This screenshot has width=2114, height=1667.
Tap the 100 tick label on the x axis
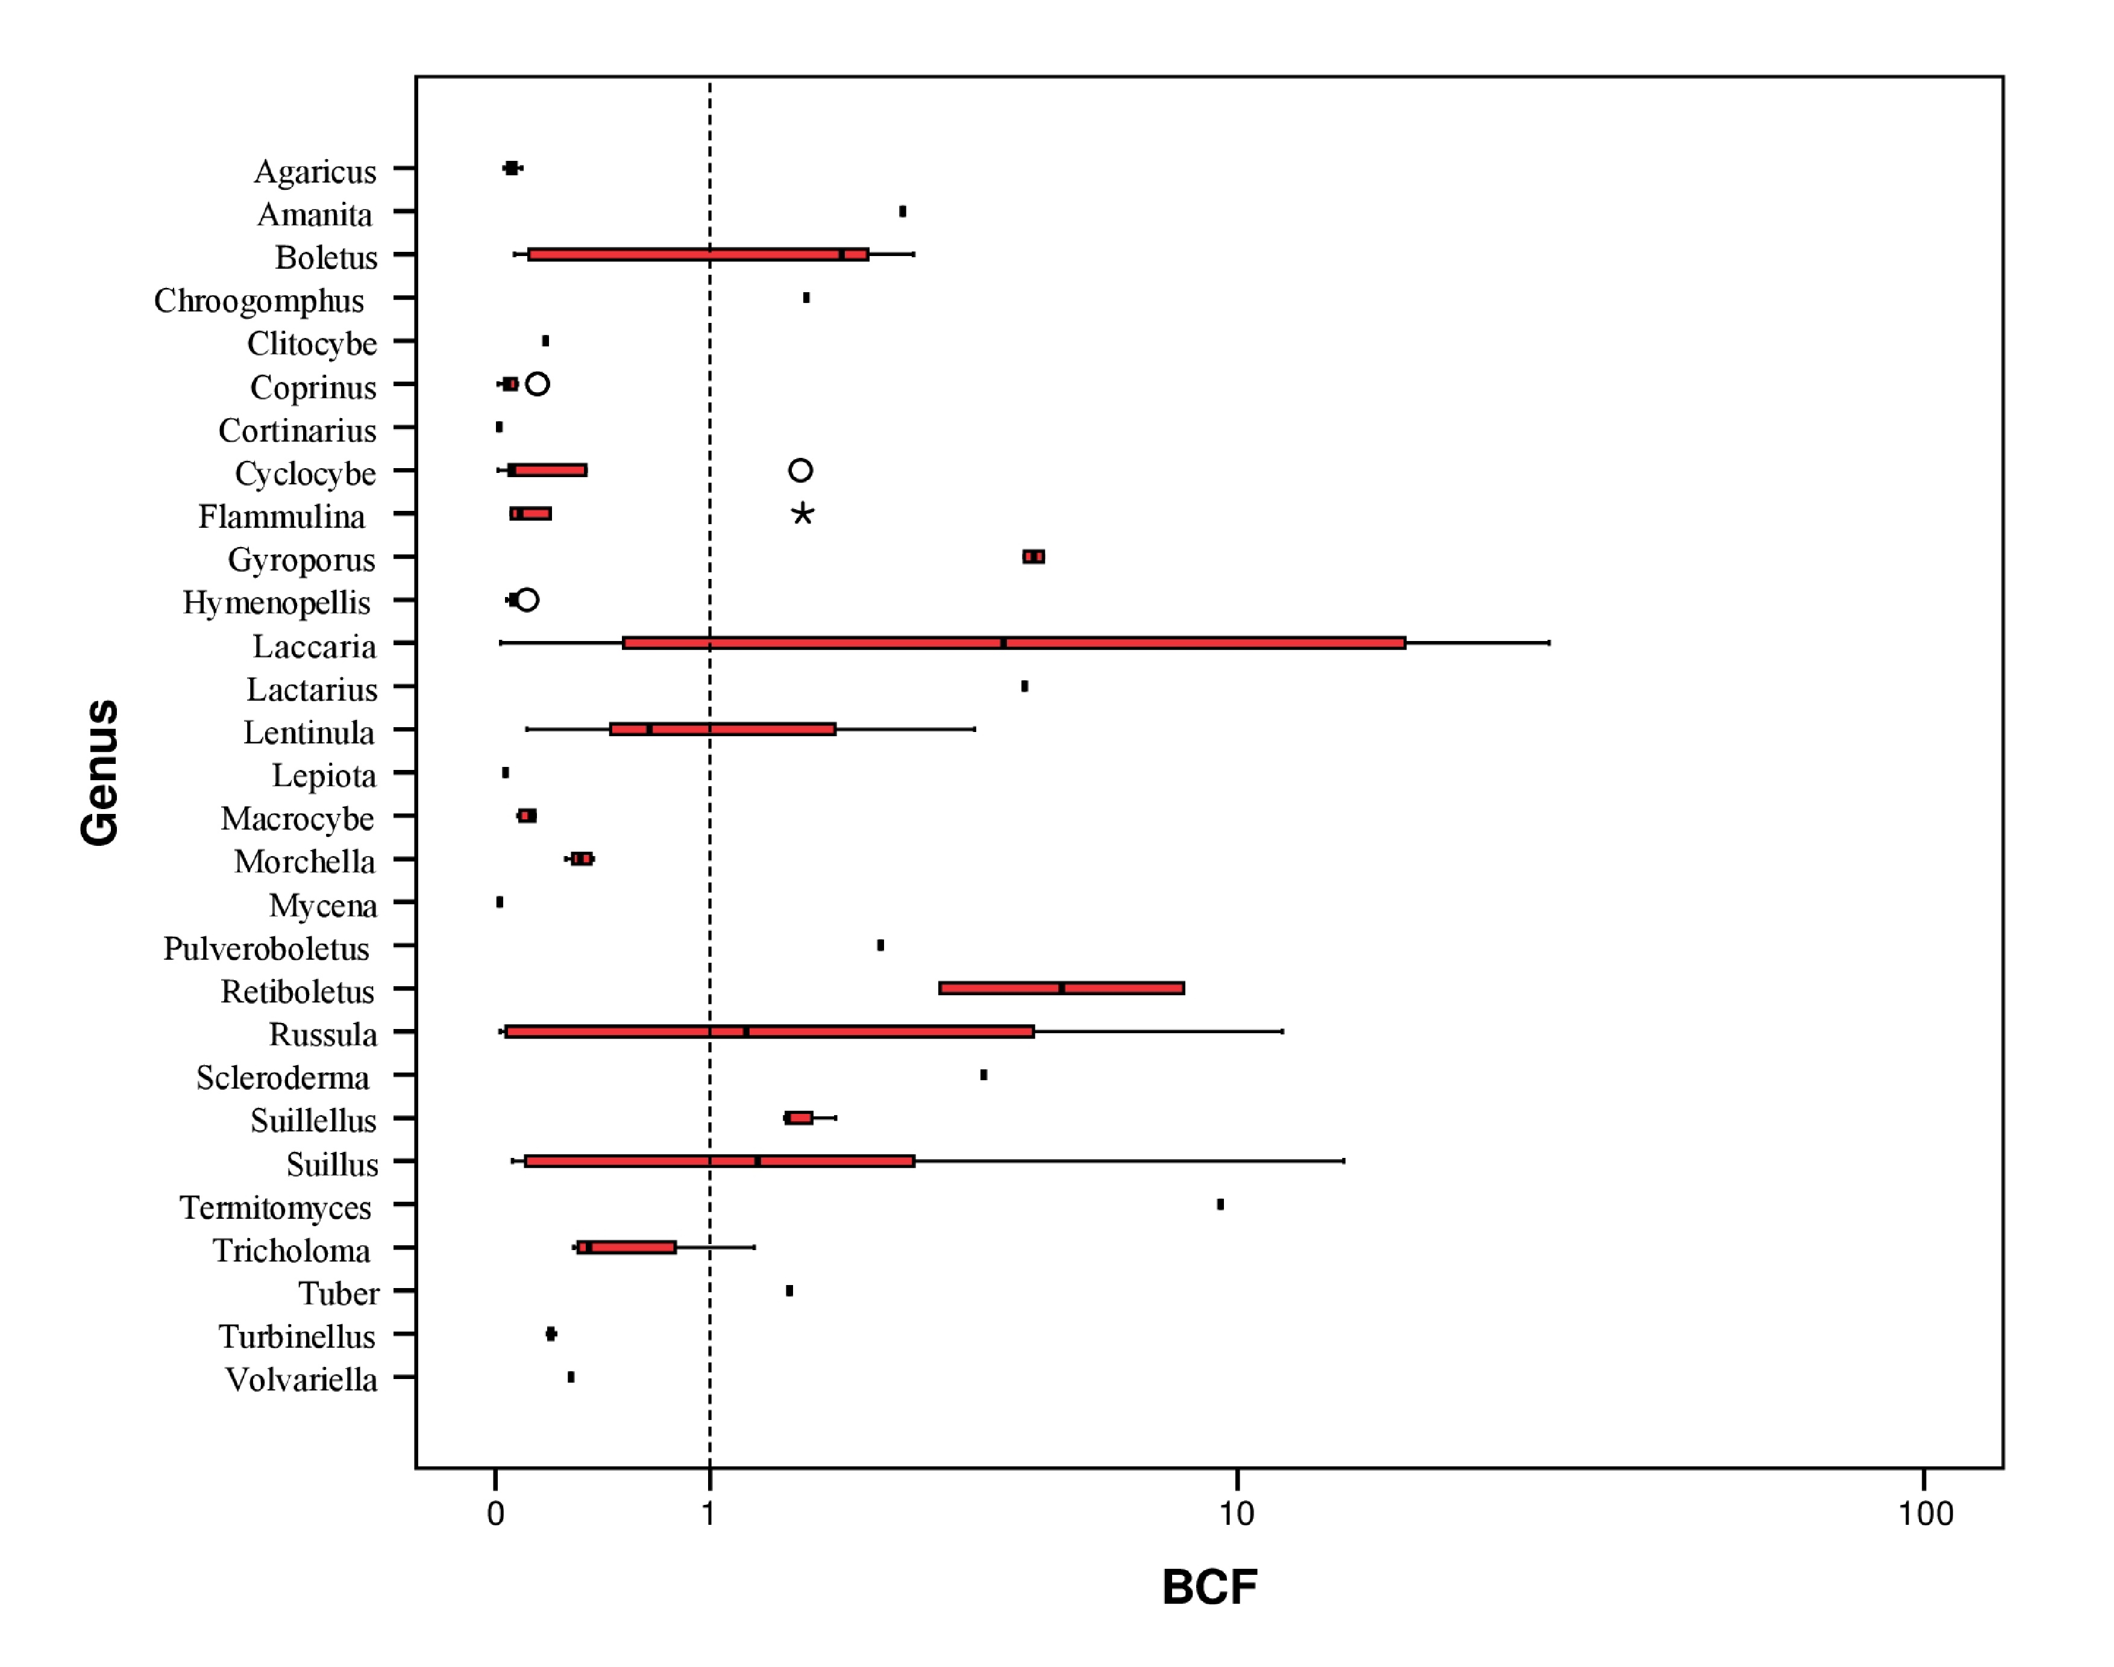[1925, 1514]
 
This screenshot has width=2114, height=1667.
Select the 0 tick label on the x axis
[496, 1514]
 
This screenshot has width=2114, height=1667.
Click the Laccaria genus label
[313, 646]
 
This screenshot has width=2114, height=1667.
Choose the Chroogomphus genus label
[259, 301]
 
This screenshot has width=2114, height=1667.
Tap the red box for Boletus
[698, 255]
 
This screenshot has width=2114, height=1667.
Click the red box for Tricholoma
[627, 1247]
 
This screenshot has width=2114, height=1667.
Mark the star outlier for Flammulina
[802, 513]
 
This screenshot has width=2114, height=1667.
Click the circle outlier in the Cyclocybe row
[800, 471]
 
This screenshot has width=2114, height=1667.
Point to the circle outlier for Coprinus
[537, 384]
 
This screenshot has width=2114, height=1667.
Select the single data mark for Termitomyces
[1220, 1204]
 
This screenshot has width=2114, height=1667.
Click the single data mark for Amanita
[903, 212]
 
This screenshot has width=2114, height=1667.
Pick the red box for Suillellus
[798, 1118]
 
